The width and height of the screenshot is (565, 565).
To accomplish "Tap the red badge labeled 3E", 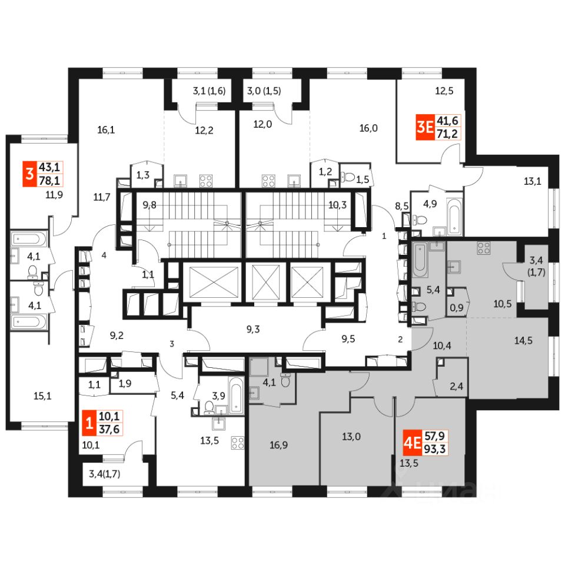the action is coord(423,128).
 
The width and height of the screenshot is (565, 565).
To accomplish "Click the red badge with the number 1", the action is coord(89,423).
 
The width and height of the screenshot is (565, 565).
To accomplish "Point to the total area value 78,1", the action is coord(51,180).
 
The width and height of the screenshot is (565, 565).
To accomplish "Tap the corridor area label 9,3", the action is coord(253,330).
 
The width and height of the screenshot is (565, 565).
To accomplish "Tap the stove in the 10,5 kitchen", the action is coord(483,248).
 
